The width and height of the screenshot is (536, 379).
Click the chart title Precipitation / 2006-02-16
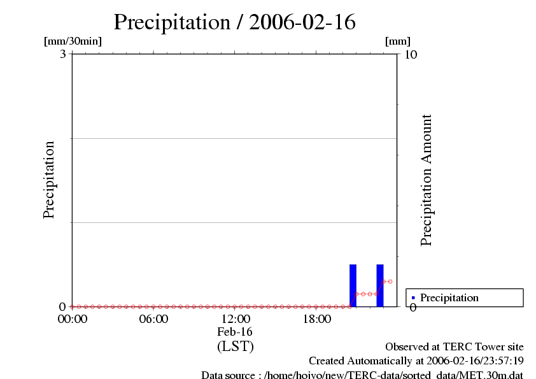234,22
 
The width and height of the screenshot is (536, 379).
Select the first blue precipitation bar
353,285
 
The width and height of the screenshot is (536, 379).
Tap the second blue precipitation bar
380,285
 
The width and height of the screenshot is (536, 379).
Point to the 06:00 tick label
153,319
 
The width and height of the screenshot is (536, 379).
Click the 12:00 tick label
235,319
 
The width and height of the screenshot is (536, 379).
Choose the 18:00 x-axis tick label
316,319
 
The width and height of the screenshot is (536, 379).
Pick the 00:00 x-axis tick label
72,319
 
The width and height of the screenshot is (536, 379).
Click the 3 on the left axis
63,54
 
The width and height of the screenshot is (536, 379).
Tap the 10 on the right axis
411,54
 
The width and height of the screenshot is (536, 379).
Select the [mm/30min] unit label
73,41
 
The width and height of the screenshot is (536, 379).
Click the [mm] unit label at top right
398,41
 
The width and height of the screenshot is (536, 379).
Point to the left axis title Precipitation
49,180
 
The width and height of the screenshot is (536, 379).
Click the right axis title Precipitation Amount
427,180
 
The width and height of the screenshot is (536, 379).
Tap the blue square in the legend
413,297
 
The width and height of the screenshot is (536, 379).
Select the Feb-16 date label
235,333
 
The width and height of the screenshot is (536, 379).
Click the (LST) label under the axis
235,347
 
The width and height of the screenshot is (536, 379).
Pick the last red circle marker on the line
390,281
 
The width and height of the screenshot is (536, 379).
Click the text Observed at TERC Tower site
455,347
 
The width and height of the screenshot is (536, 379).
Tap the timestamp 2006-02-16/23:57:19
476,361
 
